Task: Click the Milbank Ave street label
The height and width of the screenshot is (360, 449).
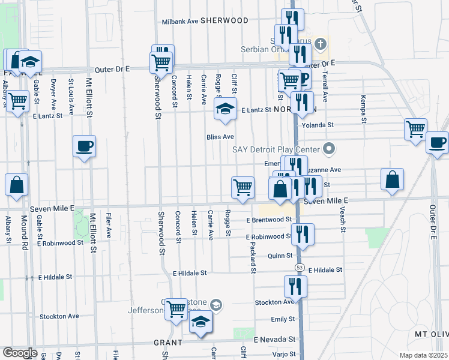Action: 180,21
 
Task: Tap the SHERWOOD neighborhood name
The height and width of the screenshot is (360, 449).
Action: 224,20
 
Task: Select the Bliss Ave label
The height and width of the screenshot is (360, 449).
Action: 220,137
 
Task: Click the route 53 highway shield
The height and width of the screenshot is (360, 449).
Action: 298,266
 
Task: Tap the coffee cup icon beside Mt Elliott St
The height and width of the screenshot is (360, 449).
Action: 84,146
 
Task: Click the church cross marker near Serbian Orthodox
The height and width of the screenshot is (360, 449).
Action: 321,44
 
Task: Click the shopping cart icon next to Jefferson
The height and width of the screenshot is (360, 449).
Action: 176,310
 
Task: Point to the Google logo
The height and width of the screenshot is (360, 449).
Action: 20,353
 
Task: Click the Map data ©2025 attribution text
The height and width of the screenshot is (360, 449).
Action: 423,355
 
